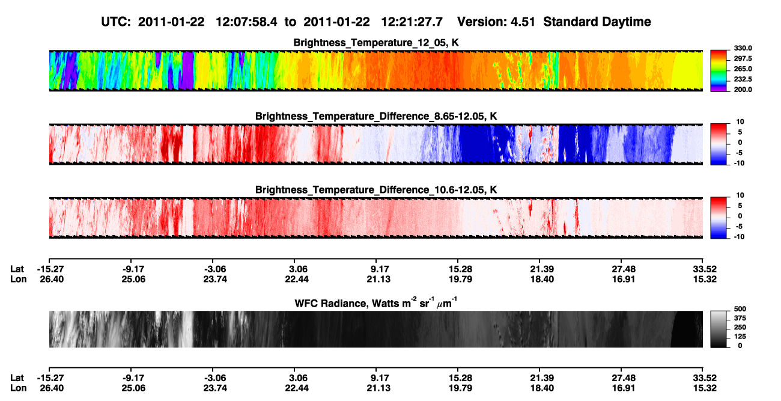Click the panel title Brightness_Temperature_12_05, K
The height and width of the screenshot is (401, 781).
click(x=376, y=43)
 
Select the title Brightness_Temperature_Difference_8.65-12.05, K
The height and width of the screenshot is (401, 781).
click(x=376, y=116)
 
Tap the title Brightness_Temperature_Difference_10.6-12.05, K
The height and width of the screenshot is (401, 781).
click(x=376, y=190)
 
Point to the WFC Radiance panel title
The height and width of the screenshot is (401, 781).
click(x=376, y=303)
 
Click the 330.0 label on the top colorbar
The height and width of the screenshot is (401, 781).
click(x=743, y=48)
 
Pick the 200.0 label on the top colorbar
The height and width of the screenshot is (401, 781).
click(x=743, y=90)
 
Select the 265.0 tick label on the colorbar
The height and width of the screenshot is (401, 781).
click(x=743, y=69)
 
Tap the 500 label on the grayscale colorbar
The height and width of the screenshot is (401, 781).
click(x=740, y=309)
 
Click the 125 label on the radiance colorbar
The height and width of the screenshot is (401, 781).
click(x=740, y=337)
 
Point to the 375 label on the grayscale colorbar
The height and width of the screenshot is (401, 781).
click(x=740, y=318)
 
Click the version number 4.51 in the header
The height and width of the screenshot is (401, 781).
click(x=523, y=22)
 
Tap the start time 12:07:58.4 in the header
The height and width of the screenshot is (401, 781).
click(x=246, y=22)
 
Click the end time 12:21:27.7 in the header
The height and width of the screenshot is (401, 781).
click(x=412, y=22)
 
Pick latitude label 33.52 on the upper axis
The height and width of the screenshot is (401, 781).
click(x=705, y=269)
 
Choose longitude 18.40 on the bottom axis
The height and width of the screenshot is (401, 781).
click(x=542, y=388)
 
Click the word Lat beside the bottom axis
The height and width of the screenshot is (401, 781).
click(x=17, y=378)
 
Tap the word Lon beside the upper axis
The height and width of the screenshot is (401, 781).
click(x=19, y=279)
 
